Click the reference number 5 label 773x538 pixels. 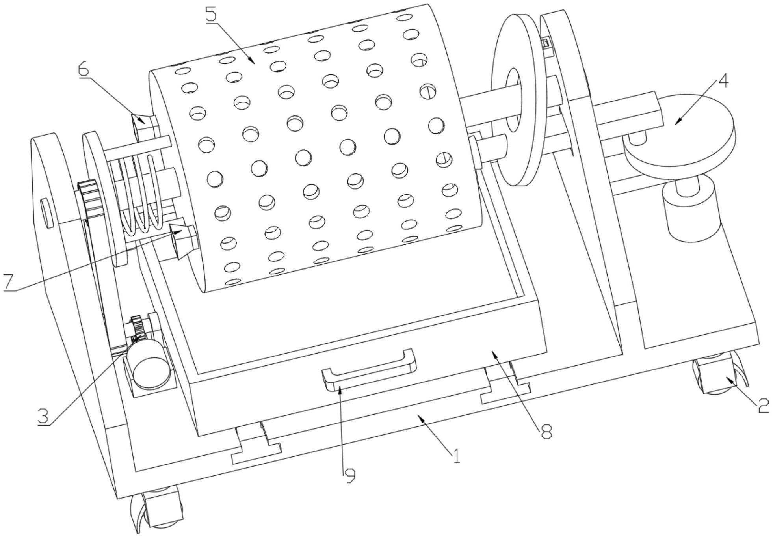[212, 15]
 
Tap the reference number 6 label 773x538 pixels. [84, 69]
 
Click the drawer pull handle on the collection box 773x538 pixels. [369, 370]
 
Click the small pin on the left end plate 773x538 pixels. [47, 213]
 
